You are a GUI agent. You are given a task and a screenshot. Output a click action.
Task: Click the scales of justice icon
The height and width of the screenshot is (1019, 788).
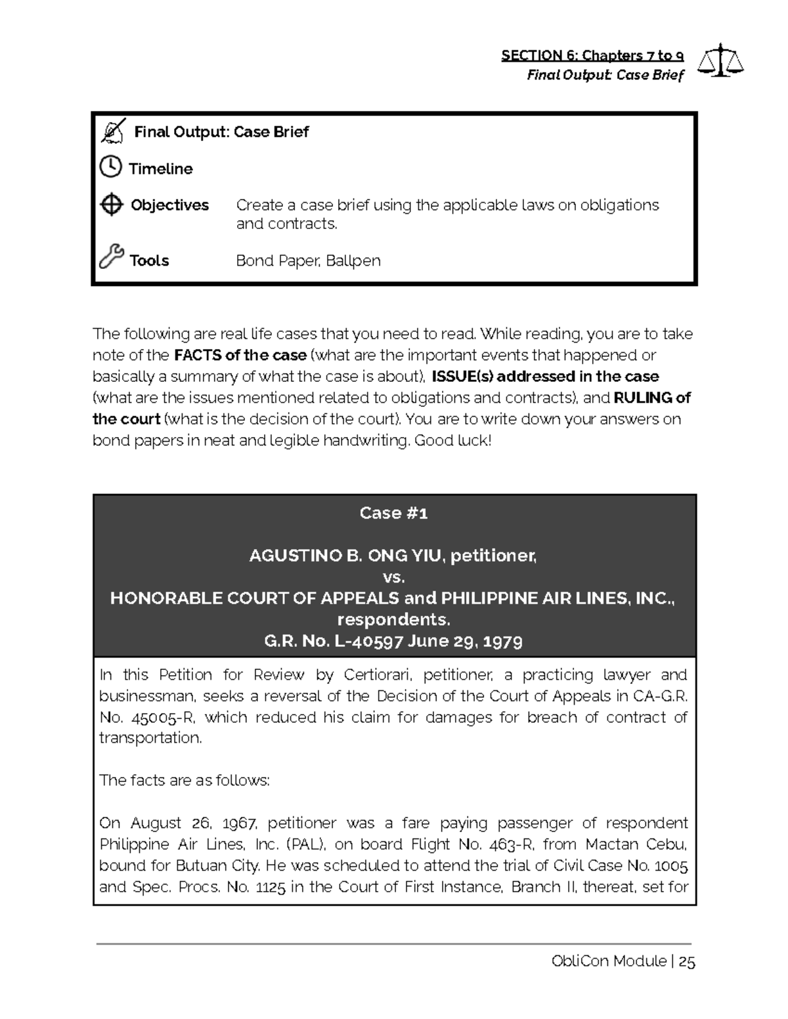(x=720, y=60)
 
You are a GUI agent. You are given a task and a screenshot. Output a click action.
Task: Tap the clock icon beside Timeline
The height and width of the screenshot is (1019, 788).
(x=110, y=167)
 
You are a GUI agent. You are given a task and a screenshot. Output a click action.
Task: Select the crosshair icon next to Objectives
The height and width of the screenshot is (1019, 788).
(x=111, y=205)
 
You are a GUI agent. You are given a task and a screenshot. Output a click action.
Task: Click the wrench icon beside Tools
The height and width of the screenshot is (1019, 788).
(x=111, y=257)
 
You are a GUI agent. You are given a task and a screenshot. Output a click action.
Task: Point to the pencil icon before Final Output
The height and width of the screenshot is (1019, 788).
(x=113, y=131)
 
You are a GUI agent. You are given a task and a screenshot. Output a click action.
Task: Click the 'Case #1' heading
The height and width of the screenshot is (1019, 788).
(x=393, y=513)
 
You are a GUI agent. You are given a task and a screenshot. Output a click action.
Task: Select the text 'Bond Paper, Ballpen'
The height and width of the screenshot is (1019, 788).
(x=308, y=260)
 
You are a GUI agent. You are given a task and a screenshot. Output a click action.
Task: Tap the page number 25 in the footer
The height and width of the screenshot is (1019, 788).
(x=687, y=962)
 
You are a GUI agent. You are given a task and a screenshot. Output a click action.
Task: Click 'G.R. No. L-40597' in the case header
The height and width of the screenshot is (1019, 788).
(x=333, y=641)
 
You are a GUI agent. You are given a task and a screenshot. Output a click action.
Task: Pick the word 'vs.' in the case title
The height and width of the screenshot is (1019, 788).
(x=393, y=577)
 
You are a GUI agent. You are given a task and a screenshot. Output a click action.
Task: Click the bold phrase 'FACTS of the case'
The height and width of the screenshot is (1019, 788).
(x=240, y=355)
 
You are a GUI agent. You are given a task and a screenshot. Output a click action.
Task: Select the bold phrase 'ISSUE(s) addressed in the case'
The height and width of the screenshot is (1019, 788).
(x=545, y=377)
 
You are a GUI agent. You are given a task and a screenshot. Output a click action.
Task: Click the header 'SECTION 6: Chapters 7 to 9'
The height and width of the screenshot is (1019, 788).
(x=592, y=55)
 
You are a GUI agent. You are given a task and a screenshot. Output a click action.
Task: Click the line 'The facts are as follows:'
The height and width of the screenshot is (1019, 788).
(x=184, y=780)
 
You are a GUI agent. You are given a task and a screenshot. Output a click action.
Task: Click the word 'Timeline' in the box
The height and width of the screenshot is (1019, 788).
(x=161, y=169)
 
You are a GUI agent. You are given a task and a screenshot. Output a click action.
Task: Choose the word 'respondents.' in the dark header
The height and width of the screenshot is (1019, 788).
(x=393, y=619)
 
